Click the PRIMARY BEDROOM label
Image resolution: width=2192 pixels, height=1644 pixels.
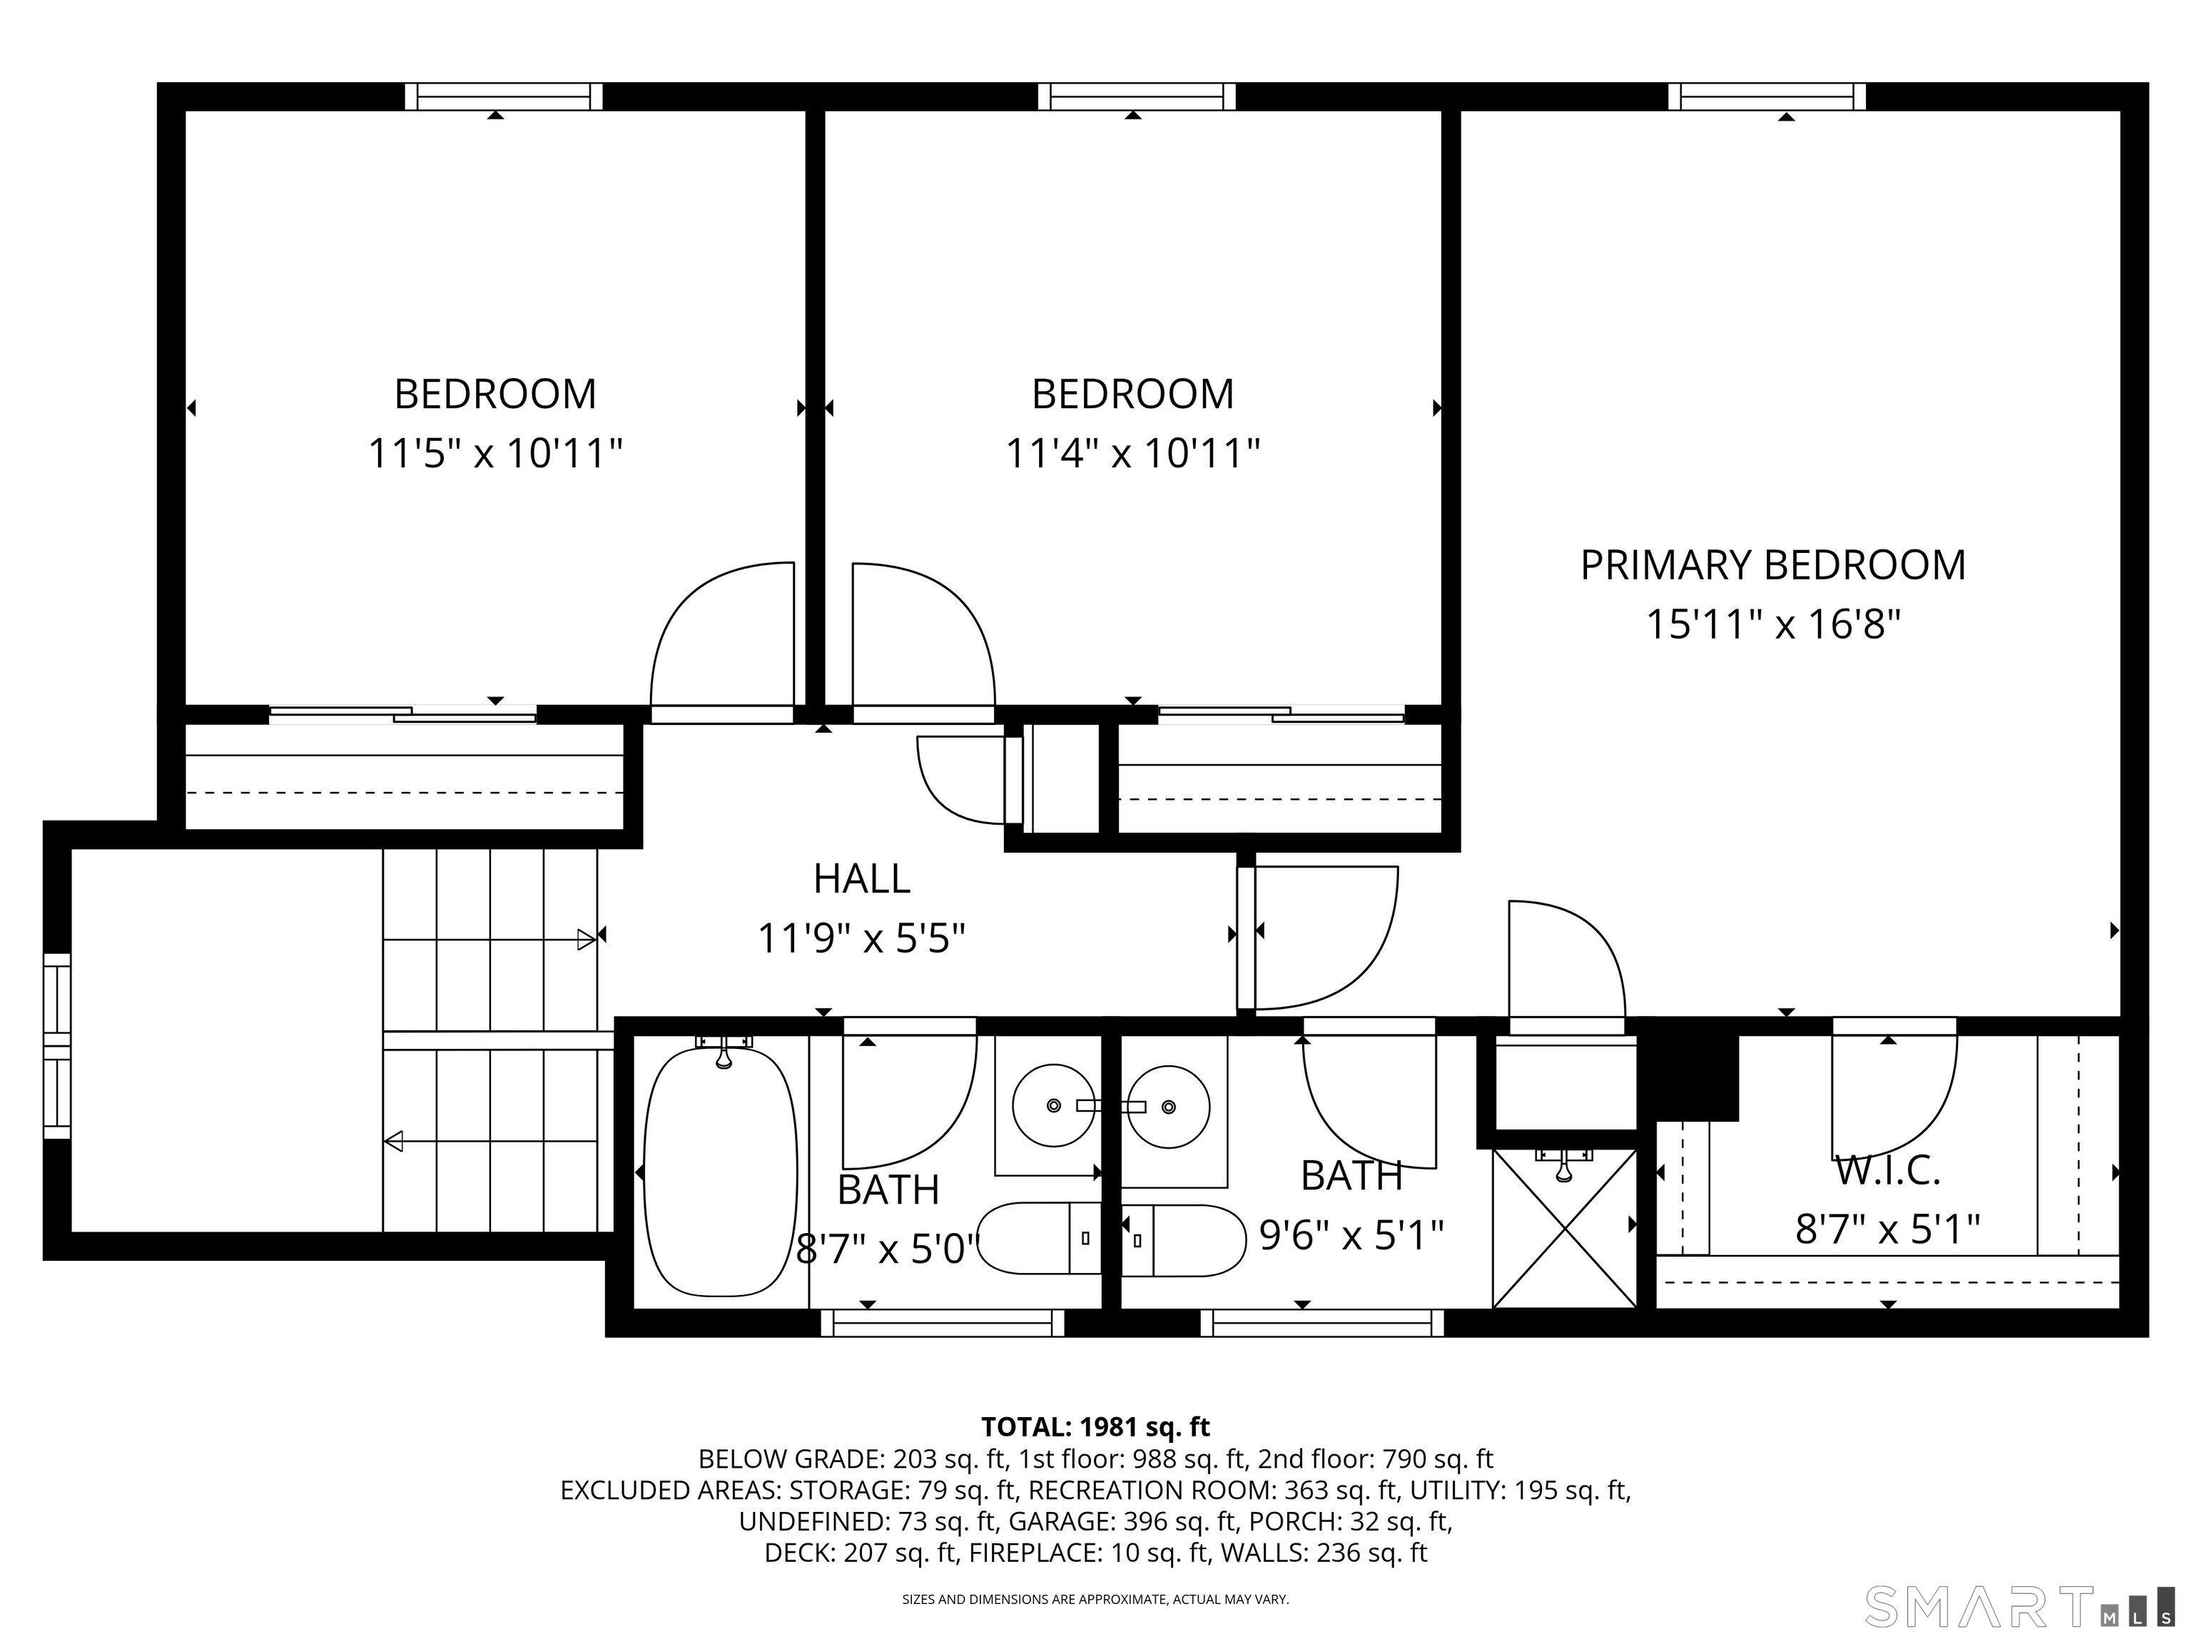pyautogui.click(x=1772, y=565)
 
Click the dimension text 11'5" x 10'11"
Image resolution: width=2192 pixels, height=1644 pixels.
pyautogui.click(x=494, y=454)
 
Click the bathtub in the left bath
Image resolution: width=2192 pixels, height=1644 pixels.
pyautogui.click(x=721, y=1172)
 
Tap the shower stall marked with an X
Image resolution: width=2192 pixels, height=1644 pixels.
pyautogui.click(x=1564, y=1229)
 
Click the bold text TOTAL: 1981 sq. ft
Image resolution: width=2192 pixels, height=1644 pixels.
pyautogui.click(x=1095, y=1427)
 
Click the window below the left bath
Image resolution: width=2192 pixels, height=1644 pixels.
pyautogui.click(x=943, y=1323)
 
